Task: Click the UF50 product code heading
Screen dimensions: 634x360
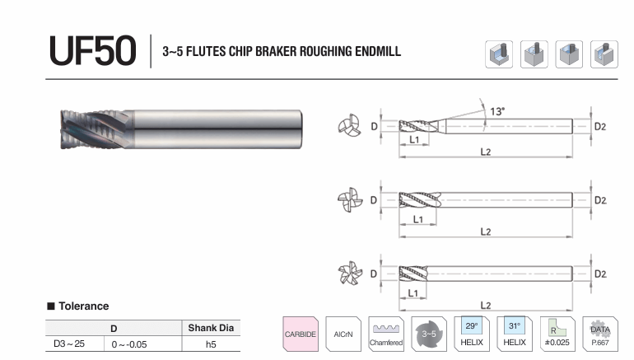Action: (92, 50)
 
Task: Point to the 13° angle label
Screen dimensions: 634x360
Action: (497, 111)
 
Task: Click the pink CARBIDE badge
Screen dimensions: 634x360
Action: (301, 334)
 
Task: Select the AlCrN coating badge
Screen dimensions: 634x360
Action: (343, 334)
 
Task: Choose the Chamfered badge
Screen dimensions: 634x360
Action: (386, 334)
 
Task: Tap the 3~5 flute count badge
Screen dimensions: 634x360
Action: (429, 334)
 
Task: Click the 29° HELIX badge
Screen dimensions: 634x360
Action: (472, 334)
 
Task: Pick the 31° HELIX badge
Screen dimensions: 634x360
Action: (515, 334)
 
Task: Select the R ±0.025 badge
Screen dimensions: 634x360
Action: (557, 334)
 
